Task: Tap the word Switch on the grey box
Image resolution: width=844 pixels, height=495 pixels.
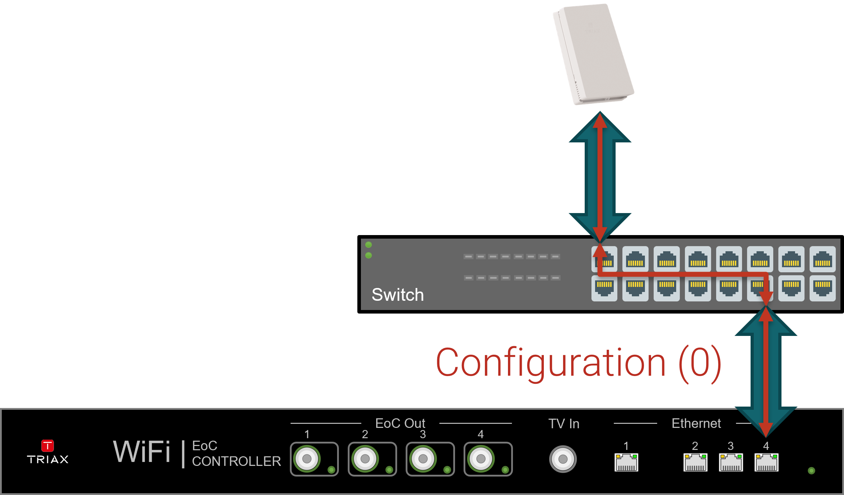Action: pyautogui.click(x=397, y=295)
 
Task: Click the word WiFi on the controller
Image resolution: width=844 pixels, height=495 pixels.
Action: pyautogui.click(x=142, y=452)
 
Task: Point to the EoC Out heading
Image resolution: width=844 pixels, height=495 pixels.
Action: pyautogui.click(x=400, y=423)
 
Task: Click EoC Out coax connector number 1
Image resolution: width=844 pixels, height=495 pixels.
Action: pyautogui.click(x=307, y=459)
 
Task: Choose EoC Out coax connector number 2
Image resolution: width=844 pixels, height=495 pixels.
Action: pyautogui.click(x=365, y=459)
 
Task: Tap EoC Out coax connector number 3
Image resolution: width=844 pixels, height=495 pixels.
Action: pyautogui.click(x=423, y=459)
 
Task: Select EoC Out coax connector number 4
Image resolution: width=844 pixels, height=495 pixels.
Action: pyautogui.click(x=481, y=459)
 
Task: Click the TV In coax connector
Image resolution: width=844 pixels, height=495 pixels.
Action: pyautogui.click(x=563, y=459)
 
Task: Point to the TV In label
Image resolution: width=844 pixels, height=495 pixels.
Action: pyautogui.click(x=564, y=424)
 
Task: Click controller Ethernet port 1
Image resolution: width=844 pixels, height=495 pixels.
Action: pyautogui.click(x=626, y=462)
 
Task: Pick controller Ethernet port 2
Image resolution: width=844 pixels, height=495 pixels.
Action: pyautogui.click(x=695, y=462)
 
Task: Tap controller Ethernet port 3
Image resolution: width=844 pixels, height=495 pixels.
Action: pyautogui.click(x=731, y=462)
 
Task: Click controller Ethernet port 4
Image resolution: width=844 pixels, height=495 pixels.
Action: pyautogui.click(x=766, y=462)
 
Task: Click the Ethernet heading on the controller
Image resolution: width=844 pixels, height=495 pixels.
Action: pyautogui.click(x=696, y=423)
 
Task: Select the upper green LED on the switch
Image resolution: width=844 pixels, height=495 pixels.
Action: pyautogui.click(x=369, y=245)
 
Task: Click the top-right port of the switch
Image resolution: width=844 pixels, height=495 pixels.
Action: pyautogui.click(x=822, y=259)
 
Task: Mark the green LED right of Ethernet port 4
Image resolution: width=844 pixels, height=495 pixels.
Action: pyautogui.click(x=811, y=470)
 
